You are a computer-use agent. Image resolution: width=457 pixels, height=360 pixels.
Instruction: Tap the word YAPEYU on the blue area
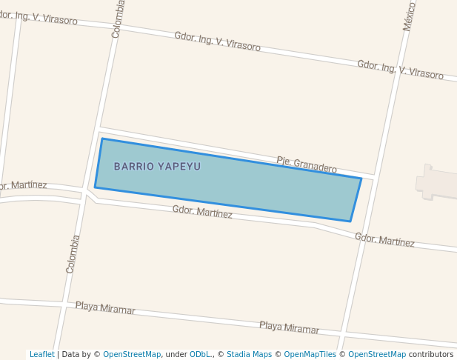coord(179,167)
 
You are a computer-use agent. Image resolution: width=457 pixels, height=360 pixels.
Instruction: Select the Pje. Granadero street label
coord(307,164)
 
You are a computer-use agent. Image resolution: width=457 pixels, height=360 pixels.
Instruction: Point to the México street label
coord(410,16)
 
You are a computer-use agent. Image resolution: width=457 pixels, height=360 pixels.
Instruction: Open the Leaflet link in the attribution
coord(41,355)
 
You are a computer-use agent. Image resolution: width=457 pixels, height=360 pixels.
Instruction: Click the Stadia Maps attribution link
coord(249,355)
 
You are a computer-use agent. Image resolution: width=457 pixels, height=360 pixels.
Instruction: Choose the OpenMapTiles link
coord(310,355)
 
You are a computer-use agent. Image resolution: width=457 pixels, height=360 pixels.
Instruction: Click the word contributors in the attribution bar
coord(430,355)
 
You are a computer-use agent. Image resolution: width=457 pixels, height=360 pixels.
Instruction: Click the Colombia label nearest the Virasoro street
coord(119,19)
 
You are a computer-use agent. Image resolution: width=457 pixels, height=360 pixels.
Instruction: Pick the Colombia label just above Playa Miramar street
coord(73,254)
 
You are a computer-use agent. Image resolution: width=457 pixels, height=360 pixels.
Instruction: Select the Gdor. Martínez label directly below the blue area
coord(202,213)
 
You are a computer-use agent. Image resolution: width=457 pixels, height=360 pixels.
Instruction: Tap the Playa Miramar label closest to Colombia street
coord(105,308)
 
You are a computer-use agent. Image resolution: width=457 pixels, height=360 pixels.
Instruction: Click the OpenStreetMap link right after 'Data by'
coord(131,355)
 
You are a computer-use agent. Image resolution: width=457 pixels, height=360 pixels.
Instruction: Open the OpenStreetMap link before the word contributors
coord(377,355)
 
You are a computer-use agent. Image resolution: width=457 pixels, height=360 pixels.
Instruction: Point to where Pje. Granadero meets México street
coord(374,176)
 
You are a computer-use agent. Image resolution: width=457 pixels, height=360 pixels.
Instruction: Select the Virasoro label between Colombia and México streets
coord(217,41)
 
